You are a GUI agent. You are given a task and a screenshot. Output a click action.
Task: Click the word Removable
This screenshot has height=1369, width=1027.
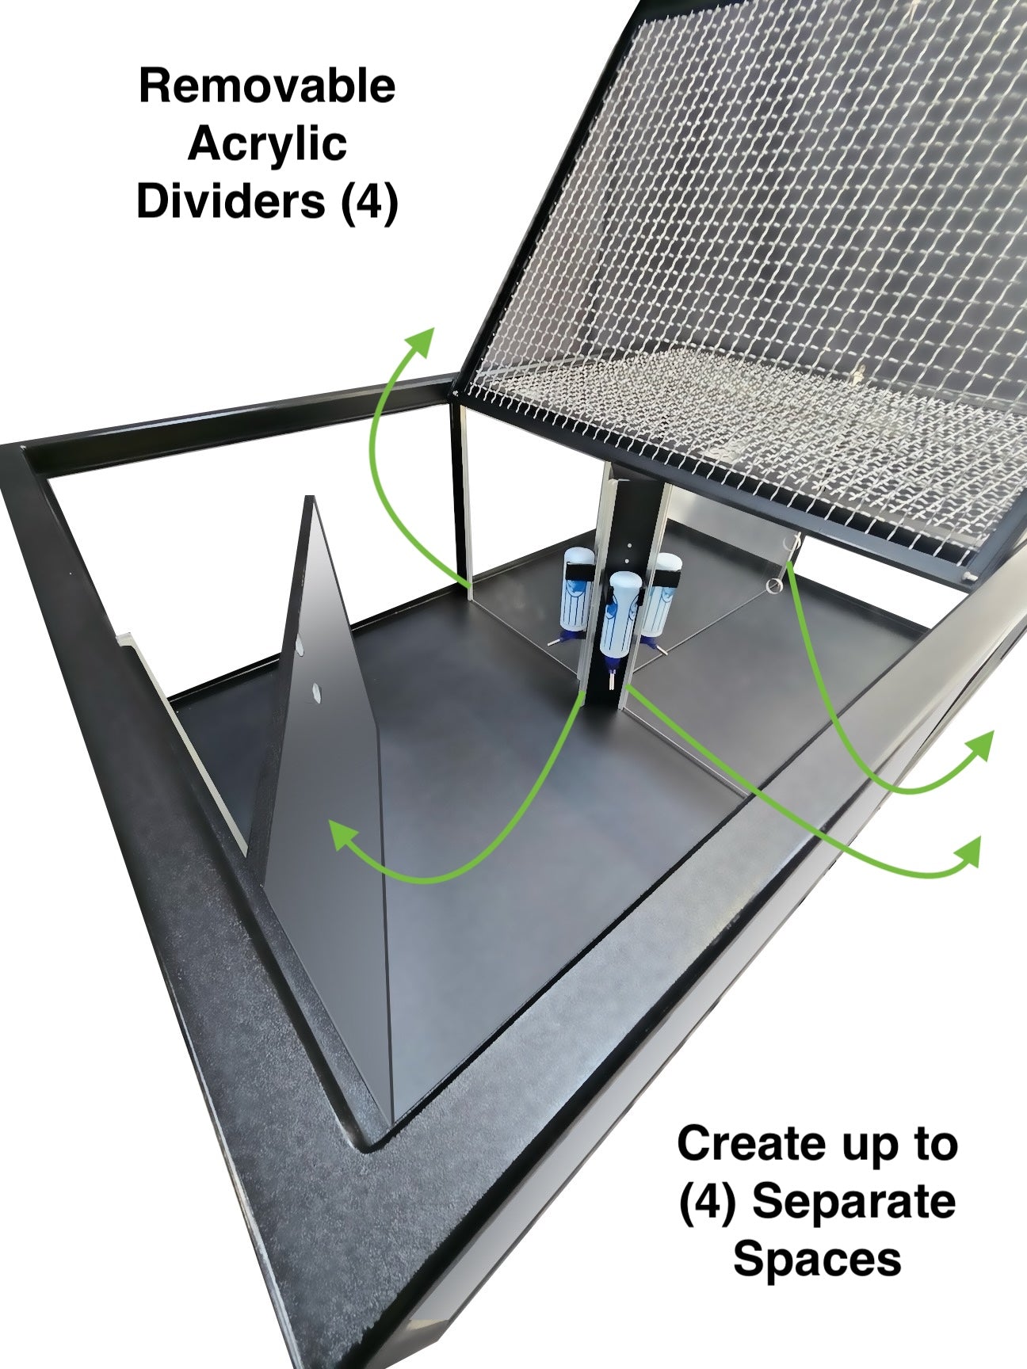pos(267,86)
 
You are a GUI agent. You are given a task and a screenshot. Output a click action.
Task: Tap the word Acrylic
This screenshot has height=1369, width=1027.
pos(268,144)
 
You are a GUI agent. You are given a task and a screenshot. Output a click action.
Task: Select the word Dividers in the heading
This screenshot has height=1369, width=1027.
pos(231,200)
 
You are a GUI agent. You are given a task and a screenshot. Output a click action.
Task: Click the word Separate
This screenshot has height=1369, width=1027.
pos(853,1203)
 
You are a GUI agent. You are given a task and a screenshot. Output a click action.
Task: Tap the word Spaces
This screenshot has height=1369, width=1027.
pos(817,1259)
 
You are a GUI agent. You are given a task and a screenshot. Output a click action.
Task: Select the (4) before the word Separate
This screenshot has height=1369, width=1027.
pos(708,1203)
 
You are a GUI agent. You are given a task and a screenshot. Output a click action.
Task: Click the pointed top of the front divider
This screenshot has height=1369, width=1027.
pos(310,499)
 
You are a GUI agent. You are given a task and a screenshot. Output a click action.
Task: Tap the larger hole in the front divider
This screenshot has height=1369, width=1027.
pos(315,694)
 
